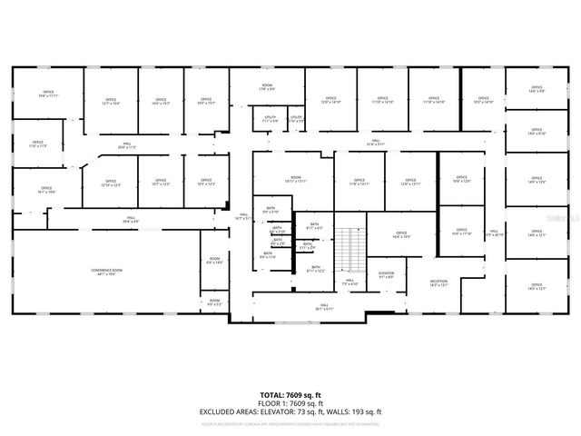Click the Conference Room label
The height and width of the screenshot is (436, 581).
106,272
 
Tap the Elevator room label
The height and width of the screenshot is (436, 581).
386,273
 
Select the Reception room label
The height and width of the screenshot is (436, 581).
438,283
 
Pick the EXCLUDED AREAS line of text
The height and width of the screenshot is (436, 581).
290,411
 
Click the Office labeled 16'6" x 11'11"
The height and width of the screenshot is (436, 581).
47,94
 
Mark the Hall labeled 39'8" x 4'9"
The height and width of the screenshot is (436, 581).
131,219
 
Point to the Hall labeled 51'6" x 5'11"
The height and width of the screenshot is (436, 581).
376,143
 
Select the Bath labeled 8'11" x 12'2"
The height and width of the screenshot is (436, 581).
315,269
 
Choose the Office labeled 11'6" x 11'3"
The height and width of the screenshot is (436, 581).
37,144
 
